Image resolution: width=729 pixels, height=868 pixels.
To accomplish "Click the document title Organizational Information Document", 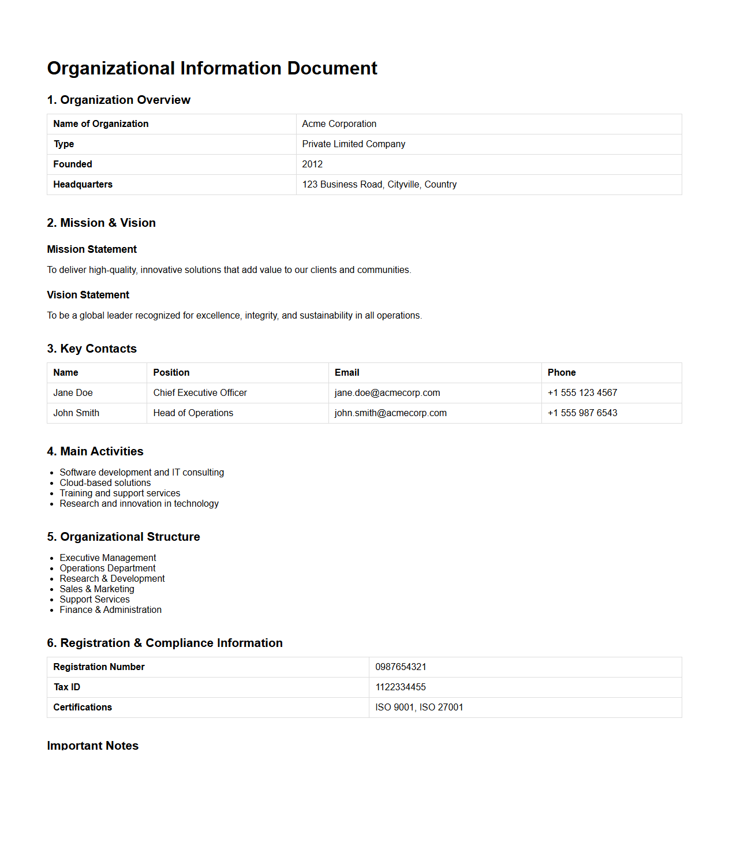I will click(x=212, y=68).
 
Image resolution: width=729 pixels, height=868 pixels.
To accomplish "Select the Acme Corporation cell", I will click(x=339, y=124).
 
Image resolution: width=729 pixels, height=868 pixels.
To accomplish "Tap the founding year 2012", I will click(x=312, y=164).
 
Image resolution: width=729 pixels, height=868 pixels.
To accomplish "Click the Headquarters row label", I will click(x=83, y=185).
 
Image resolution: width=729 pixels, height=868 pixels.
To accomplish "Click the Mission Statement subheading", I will click(x=92, y=249).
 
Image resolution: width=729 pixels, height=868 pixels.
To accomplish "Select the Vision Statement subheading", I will click(x=88, y=295).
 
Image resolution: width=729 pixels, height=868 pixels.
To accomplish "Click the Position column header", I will click(x=171, y=373).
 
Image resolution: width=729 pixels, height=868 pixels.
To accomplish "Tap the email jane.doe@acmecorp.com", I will click(x=387, y=393).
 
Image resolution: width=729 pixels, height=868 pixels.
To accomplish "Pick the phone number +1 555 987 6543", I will click(x=582, y=413).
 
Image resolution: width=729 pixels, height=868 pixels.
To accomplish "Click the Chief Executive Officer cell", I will click(x=200, y=393).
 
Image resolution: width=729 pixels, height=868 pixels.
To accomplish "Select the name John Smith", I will click(x=76, y=413).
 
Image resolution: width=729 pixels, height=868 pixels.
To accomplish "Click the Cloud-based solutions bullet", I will click(x=105, y=483).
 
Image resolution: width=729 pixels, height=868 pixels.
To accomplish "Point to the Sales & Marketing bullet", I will click(x=97, y=589).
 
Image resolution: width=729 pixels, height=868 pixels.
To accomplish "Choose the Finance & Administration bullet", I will click(x=110, y=610).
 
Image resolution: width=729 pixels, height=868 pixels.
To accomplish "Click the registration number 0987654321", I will click(x=401, y=667).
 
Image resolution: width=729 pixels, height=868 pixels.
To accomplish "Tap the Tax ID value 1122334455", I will click(x=401, y=687).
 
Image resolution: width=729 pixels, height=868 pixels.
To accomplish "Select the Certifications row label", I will click(x=83, y=708).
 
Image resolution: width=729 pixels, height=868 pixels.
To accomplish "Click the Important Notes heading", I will click(x=92, y=746).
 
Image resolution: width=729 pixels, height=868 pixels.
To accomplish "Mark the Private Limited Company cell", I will click(x=353, y=144).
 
